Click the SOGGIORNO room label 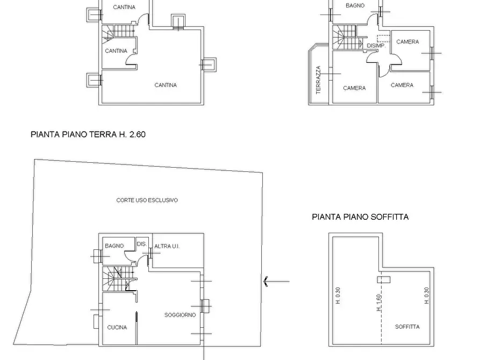coord(180,315)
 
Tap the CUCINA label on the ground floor coord(117,328)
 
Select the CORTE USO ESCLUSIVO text coord(147,200)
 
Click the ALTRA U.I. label coord(167,246)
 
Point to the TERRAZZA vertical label coord(318,80)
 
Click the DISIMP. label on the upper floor coord(376,46)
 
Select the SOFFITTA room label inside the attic coord(407,327)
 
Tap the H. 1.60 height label coord(379,303)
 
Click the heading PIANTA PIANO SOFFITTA coord(360,217)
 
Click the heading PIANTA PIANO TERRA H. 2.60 coord(88,134)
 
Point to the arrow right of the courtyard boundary coord(276,281)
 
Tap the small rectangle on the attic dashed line coord(384,279)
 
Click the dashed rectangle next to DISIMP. coord(384,38)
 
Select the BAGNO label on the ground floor coord(114,246)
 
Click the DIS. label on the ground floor coord(142,244)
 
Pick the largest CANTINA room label coord(166,85)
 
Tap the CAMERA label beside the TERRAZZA coord(354,88)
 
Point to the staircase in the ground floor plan coord(119,279)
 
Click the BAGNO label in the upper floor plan coord(355,5)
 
